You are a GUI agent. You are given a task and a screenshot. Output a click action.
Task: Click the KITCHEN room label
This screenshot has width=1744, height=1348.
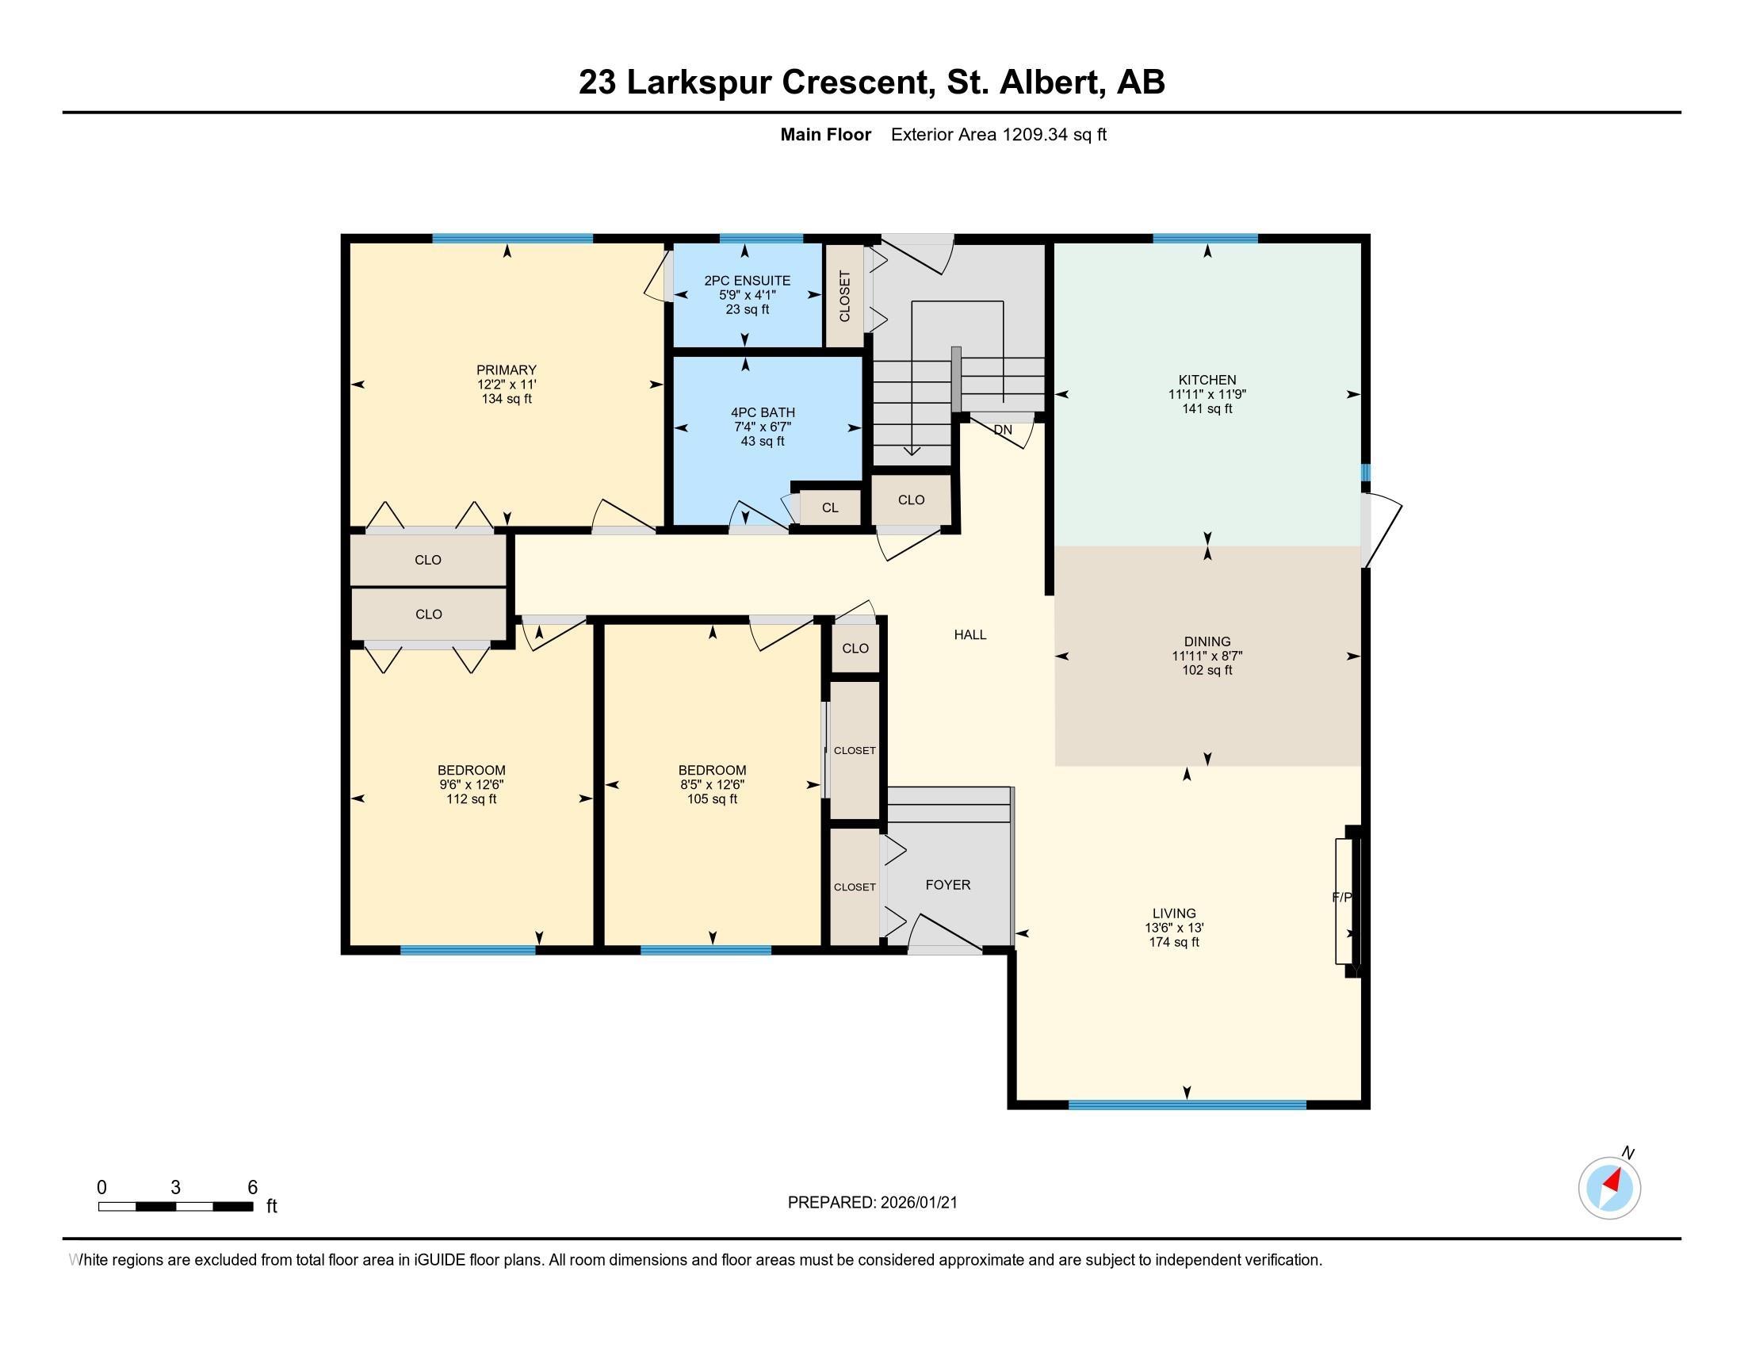point(1207,380)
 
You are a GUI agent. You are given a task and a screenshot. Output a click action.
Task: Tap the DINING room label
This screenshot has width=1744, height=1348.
point(1207,641)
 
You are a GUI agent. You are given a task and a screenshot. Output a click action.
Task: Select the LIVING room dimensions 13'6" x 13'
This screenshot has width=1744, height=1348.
point(1174,928)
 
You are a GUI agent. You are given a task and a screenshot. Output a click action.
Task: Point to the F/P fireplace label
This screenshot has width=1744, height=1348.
point(1342,898)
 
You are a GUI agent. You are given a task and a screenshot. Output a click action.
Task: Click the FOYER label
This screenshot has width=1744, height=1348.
point(948,885)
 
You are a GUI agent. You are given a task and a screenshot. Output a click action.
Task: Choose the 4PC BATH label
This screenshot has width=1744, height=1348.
point(763,412)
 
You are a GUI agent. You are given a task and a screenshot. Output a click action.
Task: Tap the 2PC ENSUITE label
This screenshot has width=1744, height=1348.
point(747,280)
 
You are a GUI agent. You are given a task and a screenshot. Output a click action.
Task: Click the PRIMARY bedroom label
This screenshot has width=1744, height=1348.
point(507,370)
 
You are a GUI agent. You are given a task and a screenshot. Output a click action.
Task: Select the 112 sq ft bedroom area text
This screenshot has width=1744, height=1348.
point(471,799)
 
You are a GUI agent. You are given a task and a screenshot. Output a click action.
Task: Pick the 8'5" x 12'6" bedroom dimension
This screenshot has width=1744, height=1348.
point(712,785)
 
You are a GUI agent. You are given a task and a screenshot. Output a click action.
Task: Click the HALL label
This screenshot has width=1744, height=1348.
point(970,635)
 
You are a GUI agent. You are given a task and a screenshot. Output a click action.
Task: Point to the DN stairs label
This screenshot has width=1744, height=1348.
point(1002,430)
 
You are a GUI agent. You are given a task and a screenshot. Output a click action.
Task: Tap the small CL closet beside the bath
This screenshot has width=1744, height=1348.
point(830,508)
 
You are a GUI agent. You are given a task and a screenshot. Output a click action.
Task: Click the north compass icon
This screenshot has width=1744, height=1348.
point(1609,1188)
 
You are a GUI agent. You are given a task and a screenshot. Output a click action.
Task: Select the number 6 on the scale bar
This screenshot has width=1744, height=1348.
point(252,1188)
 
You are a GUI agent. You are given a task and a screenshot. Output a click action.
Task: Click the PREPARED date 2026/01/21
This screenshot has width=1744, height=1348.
point(918,1203)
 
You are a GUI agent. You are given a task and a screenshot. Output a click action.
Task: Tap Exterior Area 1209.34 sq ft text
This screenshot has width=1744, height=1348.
point(998,134)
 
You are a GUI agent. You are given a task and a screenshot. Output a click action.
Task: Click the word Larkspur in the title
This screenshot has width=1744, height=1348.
point(698,82)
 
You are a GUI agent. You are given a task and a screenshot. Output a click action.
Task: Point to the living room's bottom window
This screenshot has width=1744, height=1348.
point(1187,1105)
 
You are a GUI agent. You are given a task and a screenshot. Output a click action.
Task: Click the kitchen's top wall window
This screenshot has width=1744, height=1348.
point(1205,238)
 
